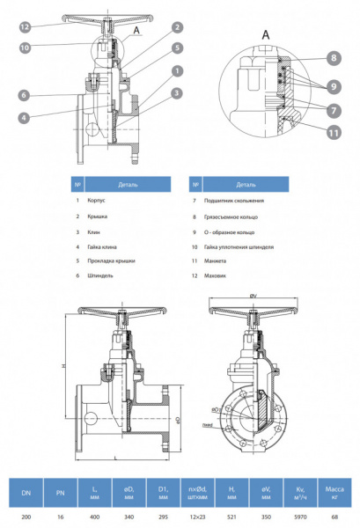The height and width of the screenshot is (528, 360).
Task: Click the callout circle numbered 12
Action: pos(26,28)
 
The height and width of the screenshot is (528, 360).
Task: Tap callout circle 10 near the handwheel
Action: pos(26,47)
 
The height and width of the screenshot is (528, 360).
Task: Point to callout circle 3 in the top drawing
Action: pos(177,92)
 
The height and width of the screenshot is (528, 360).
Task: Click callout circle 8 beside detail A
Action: pos(334,58)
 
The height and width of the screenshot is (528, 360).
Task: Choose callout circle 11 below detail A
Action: pos(334,133)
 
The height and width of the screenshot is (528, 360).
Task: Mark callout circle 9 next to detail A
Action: pos(334,86)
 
